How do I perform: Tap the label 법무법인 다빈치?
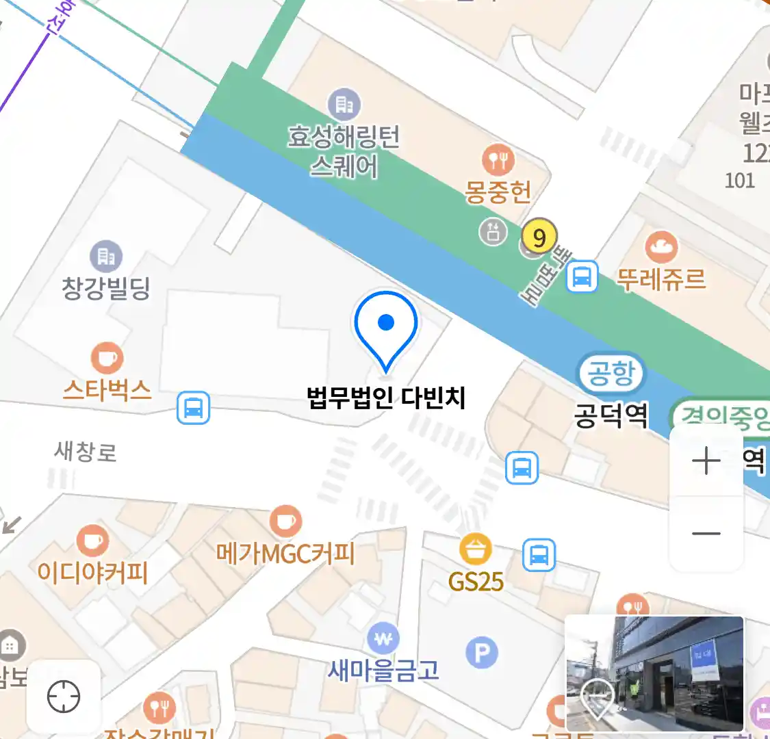tap(386, 398)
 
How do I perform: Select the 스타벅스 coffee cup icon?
tap(107, 358)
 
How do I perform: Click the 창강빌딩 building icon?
tap(106, 257)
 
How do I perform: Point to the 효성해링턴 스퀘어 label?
tap(344, 151)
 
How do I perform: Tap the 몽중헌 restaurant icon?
tap(498, 160)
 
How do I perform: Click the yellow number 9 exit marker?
tap(539, 237)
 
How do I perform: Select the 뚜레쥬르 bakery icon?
tap(661, 248)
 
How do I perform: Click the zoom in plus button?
tap(706, 461)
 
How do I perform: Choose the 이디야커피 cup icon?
tap(92, 540)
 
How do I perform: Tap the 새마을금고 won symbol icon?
tap(383, 640)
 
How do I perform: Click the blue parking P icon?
tap(482, 653)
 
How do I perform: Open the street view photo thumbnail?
tap(654, 673)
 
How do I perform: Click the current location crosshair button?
tap(64, 697)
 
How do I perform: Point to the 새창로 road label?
tap(86, 452)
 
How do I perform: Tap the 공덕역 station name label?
tap(611, 415)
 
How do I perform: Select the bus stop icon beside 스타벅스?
tap(194, 409)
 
